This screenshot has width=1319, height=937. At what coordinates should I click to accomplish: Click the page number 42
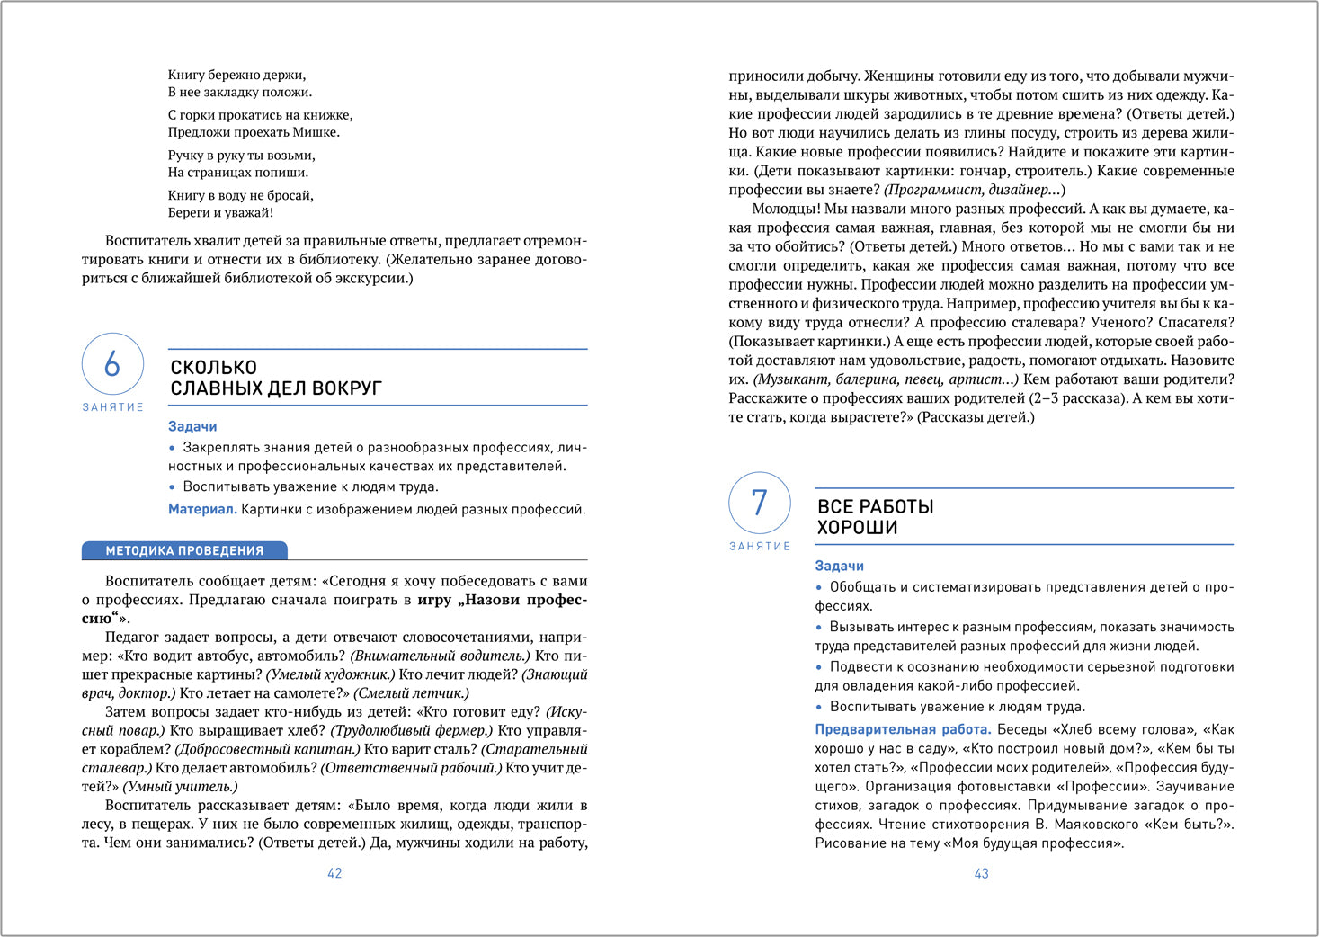(334, 873)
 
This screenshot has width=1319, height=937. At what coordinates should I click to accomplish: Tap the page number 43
(981, 873)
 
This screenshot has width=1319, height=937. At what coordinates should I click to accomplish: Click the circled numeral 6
(112, 364)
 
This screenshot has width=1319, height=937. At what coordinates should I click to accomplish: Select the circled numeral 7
(759, 503)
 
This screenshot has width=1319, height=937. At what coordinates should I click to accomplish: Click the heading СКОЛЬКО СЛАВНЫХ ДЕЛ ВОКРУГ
(276, 378)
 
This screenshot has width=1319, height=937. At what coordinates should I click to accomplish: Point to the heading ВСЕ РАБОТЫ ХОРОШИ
(875, 517)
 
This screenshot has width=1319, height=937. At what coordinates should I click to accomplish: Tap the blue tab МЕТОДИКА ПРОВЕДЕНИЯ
(184, 550)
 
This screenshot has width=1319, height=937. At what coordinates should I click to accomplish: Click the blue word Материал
(202, 509)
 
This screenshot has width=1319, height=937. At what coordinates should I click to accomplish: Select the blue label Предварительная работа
(903, 729)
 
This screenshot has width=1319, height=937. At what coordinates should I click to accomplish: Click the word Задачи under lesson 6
(192, 426)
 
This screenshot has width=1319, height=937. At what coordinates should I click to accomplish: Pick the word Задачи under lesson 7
(839, 566)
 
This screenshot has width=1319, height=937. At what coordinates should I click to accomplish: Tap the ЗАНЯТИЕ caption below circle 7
(760, 546)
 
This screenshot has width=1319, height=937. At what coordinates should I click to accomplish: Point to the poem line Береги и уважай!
(220, 213)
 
